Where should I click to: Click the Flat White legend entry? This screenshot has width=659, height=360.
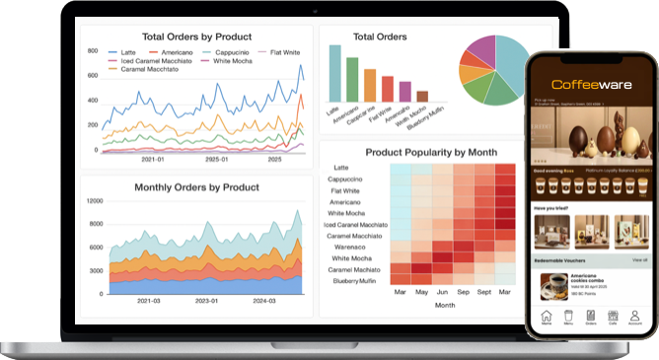[x=282, y=50]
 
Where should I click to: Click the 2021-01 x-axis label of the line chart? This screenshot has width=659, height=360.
[x=153, y=159]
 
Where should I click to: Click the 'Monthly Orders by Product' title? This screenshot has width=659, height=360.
[x=196, y=186]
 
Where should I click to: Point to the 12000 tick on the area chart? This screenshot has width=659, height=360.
[x=94, y=200]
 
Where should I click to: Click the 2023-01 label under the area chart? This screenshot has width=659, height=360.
[x=207, y=301]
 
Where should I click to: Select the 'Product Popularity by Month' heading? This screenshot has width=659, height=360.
[x=431, y=152]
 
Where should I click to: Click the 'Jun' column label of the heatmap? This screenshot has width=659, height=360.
[x=442, y=293]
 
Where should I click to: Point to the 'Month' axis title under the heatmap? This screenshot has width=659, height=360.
[x=445, y=306]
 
